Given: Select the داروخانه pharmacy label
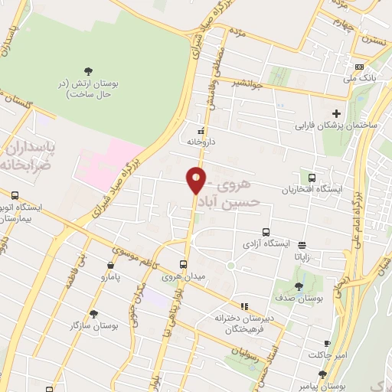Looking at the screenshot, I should point(202,142).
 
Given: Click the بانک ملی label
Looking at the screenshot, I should point(360,78).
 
